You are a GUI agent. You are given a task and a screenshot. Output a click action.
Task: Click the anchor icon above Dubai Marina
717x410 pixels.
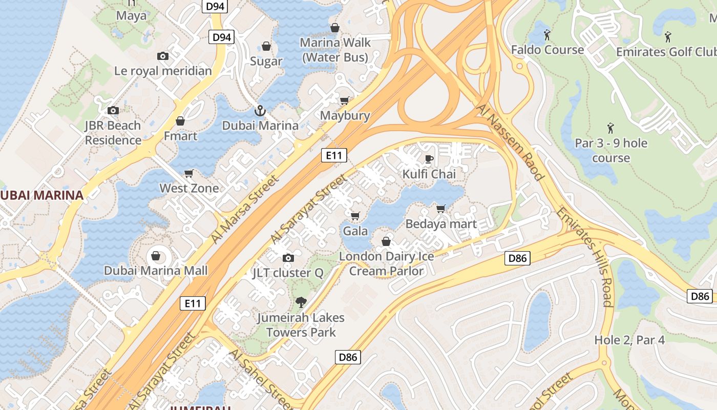(260, 111)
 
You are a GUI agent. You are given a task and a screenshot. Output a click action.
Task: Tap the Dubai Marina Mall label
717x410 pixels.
(156, 270)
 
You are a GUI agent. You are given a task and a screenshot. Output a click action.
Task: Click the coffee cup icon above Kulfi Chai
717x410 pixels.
(429, 159)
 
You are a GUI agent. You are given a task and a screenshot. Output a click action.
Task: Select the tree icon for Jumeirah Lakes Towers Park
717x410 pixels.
(301, 302)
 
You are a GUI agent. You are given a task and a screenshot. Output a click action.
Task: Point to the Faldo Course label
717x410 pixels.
(547, 50)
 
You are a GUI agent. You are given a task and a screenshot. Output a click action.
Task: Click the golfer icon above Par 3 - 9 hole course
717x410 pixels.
(610, 128)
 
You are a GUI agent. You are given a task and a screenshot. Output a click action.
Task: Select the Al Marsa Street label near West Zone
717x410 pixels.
(246, 209)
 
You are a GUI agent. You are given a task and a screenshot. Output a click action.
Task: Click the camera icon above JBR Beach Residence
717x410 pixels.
(113, 110)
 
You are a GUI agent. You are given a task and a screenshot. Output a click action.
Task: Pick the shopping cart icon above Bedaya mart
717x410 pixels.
(440, 209)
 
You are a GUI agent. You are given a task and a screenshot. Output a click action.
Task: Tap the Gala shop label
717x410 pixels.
(355, 231)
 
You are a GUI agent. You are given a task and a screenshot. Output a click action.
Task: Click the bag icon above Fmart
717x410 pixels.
(180, 121)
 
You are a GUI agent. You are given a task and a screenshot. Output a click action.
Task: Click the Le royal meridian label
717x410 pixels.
(163, 71)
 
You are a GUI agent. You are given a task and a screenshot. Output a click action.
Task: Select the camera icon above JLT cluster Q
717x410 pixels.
(288, 258)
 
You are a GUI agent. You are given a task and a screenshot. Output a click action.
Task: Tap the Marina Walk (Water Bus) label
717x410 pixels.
(335, 50)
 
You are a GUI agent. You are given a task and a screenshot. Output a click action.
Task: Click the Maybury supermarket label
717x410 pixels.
(345, 115)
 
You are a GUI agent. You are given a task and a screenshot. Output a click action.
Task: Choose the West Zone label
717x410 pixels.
(189, 188)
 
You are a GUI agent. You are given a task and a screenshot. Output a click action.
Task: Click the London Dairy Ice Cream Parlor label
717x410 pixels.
(387, 263)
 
